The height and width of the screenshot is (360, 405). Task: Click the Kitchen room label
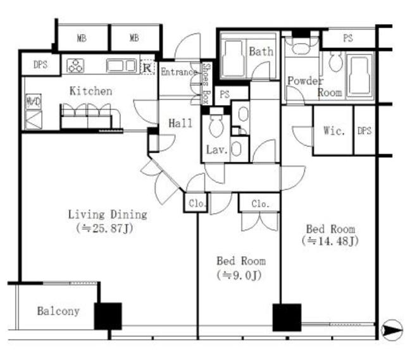(91, 91)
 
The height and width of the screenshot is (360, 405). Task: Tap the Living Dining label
(108, 214)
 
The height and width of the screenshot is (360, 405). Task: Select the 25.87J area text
(104, 228)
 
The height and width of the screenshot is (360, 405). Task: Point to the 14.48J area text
(330, 241)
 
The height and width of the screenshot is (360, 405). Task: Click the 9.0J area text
(239, 275)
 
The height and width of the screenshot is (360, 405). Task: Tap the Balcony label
(58, 311)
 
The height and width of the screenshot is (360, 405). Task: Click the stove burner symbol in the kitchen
(75, 66)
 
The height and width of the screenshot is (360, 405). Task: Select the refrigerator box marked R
(147, 68)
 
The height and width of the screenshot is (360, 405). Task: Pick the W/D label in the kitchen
(34, 101)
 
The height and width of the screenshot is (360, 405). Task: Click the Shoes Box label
(206, 84)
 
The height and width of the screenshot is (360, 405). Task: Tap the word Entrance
(178, 71)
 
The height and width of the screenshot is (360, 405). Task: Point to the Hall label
(180, 123)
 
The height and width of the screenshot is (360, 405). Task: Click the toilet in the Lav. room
(216, 125)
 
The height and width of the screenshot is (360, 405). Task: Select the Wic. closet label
(334, 131)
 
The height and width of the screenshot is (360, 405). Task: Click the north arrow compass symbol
(392, 330)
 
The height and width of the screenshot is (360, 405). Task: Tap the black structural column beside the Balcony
(108, 316)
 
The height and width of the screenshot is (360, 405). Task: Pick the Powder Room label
(315, 87)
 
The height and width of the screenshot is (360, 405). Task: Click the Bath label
(261, 51)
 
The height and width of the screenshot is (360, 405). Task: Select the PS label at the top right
(348, 38)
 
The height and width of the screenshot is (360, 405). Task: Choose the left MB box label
(82, 38)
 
